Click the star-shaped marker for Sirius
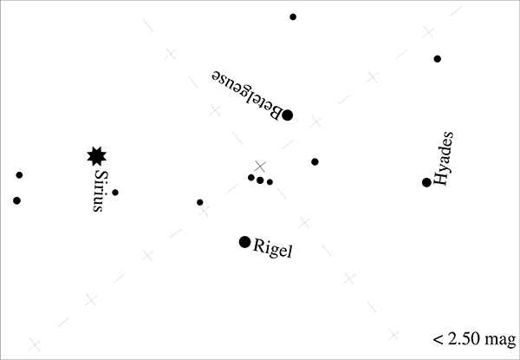(97, 156)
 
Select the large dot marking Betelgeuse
(288, 115)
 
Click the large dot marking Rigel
(244, 241)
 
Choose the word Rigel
(274, 250)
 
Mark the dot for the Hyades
(426, 182)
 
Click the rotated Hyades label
(443, 159)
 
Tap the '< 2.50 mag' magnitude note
(473, 338)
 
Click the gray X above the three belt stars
(260, 166)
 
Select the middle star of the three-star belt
(260, 180)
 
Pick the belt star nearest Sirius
(250, 178)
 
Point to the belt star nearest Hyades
(270, 182)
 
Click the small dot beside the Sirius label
(115, 193)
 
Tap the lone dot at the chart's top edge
(293, 16)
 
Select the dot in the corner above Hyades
(438, 59)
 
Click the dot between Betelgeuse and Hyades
(315, 161)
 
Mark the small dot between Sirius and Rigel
(200, 202)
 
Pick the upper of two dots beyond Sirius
(19, 175)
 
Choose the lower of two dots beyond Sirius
(16, 200)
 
